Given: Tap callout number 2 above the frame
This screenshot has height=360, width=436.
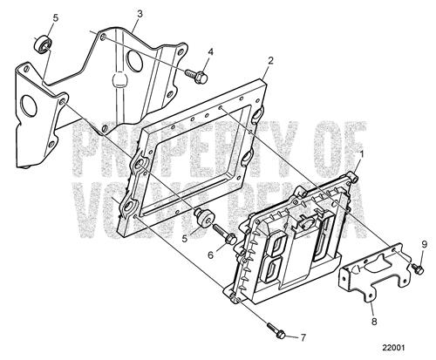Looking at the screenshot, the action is [270, 61].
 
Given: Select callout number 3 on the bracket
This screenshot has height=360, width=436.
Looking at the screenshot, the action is [140, 14].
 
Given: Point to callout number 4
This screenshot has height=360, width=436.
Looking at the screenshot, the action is [210, 52].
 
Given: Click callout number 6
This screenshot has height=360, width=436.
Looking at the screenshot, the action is [211, 255].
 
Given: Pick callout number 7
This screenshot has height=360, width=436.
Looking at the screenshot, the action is [303, 337].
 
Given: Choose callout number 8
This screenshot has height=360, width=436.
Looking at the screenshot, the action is [374, 322].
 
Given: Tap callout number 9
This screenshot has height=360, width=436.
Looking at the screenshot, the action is [424, 245].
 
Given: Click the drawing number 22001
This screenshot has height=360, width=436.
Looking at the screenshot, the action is [393, 348].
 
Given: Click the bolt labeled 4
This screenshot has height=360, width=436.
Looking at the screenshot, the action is [196, 76].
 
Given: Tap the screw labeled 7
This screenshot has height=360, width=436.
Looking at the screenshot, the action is [276, 330].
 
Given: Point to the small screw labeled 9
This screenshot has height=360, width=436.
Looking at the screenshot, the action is [417, 268].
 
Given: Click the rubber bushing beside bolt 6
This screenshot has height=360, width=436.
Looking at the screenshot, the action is [204, 217].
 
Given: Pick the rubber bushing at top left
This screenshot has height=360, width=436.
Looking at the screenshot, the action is [44, 44].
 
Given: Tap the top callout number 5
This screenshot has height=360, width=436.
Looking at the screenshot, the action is [56, 17].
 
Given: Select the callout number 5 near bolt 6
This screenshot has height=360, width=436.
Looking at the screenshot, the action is [185, 239].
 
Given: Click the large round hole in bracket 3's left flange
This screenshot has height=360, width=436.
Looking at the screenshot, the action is [29, 105].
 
